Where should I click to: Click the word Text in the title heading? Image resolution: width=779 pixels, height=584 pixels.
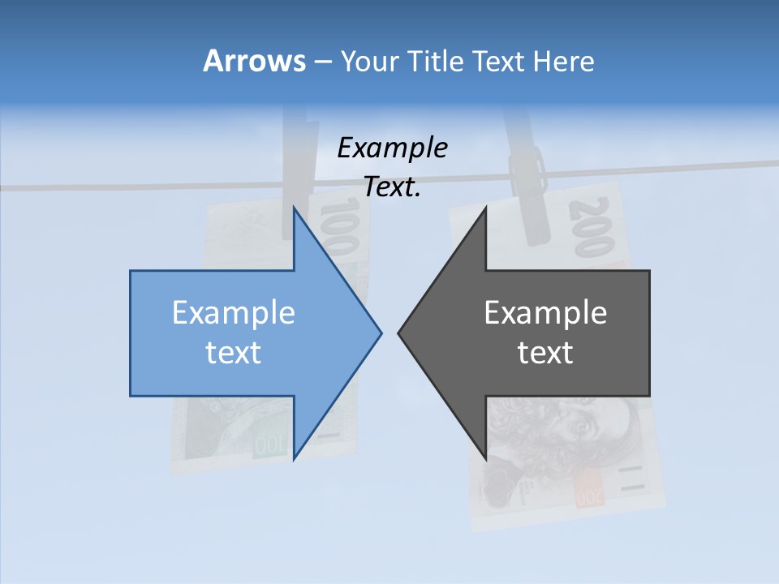click(500, 61)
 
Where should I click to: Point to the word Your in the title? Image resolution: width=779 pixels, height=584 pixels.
click(369, 61)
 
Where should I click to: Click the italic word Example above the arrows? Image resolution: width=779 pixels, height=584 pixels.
click(392, 148)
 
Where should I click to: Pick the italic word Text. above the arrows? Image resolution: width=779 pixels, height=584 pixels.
click(392, 187)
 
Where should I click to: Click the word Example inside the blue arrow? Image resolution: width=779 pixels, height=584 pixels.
click(234, 312)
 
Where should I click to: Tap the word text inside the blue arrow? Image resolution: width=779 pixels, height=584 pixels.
click(234, 352)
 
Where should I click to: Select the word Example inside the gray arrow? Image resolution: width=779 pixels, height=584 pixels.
click(545, 312)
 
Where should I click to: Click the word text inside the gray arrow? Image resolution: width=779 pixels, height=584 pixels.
click(545, 352)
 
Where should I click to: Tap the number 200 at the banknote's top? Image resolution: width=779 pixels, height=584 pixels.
click(591, 227)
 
